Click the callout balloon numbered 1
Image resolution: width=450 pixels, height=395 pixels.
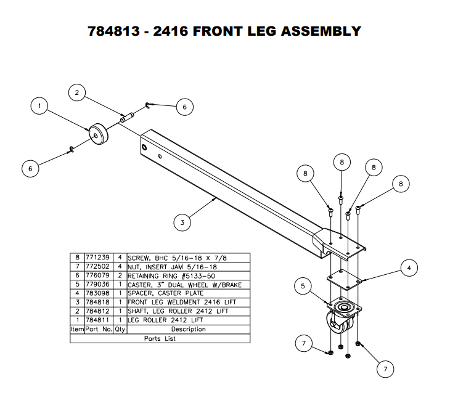coord(39,107)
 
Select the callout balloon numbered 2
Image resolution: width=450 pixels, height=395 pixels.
coord(76,94)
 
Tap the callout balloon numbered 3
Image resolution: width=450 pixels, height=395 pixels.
coord(182,223)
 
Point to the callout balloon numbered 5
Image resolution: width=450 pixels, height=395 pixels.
coord(303,286)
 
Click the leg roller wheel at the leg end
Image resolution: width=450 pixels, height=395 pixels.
coord(98,134)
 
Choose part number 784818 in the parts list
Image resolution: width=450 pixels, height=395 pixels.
coord(97,303)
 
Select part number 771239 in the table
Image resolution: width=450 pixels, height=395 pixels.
coord(97,258)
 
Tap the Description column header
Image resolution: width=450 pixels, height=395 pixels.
coord(188,329)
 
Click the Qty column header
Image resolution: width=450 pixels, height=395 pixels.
coord(120,329)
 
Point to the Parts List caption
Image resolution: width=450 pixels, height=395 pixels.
coord(160,338)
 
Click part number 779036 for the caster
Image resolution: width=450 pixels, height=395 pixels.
coord(97,285)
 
